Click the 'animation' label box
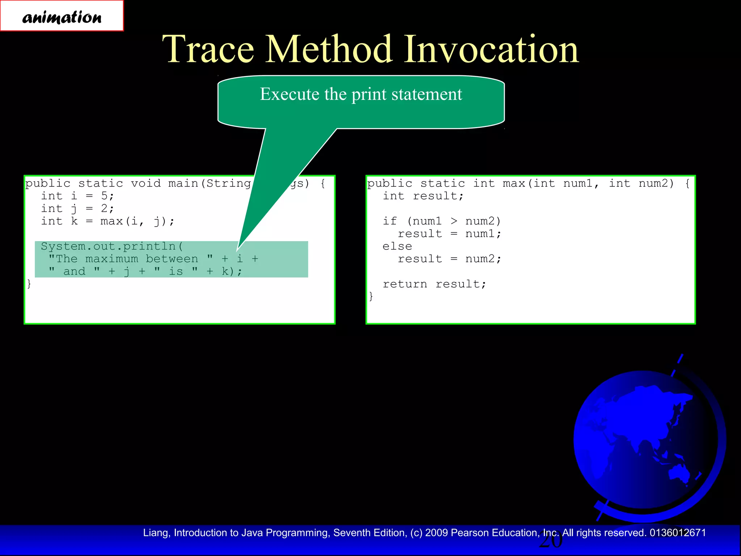click(x=62, y=16)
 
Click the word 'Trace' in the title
click(x=208, y=49)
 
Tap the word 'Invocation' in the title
click(x=491, y=49)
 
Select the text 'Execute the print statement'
click(x=361, y=94)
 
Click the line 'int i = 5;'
click(x=77, y=196)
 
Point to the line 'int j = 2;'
click(x=77, y=208)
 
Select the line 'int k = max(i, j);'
click(x=107, y=221)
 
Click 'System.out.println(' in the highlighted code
click(x=112, y=246)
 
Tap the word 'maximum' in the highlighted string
click(x=112, y=259)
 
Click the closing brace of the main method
click(x=29, y=284)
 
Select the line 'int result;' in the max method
click(x=423, y=196)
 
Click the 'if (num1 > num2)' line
click(x=441, y=221)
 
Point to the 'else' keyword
click(x=397, y=246)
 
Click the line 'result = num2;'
click(x=449, y=259)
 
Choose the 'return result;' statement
click(x=434, y=284)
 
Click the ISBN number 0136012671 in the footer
click(x=677, y=533)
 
